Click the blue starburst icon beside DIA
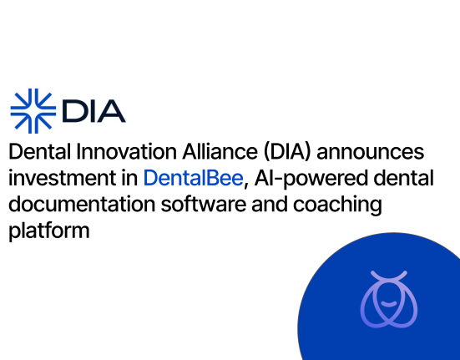(x=33, y=111)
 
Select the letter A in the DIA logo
(x=111, y=110)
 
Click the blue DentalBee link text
(x=193, y=178)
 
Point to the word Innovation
(x=126, y=152)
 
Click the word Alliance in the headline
(x=220, y=152)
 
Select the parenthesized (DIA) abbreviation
(x=287, y=152)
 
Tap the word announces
(x=370, y=153)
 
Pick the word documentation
(x=82, y=204)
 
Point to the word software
(x=204, y=204)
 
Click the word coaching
(x=337, y=205)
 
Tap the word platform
(x=49, y=231)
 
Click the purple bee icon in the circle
(x=389, y=299)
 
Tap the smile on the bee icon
(x=389, y=304)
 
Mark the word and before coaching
(x=270, y=204)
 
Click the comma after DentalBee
(x=246, y=185)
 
